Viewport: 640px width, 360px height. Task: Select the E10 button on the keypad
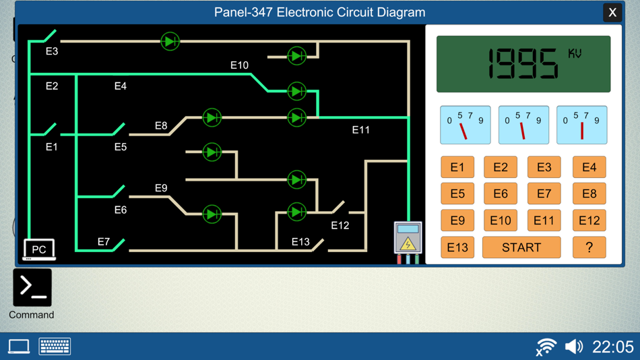(500, 220)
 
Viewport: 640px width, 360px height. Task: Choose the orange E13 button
(457, 247)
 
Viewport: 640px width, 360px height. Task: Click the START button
(521, 247)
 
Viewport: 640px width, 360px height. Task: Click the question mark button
(589, 247)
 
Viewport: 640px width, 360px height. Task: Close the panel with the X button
(612, 13)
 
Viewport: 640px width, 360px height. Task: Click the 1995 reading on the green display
(523, 65)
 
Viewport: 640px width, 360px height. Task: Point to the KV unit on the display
(575, 53)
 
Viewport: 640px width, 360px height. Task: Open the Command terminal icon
(32, 288)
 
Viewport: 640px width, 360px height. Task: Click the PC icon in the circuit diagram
(39, 249)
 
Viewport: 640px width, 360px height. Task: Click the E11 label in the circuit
(360, 129)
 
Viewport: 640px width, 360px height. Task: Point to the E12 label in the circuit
(340, 225)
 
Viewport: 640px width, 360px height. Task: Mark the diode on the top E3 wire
(170, 41)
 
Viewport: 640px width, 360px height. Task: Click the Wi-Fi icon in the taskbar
(546, 347)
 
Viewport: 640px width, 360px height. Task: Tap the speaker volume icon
(573, 347)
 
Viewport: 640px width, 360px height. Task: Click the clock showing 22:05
(612, 347)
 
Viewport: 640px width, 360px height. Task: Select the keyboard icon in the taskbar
(55, 347)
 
